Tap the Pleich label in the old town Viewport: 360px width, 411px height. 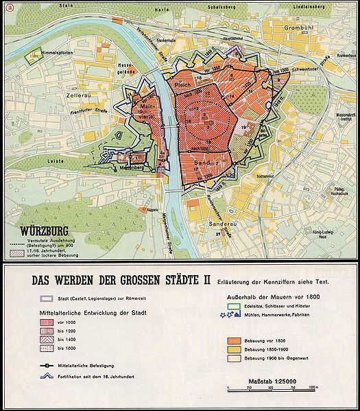[x=182, y=86]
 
